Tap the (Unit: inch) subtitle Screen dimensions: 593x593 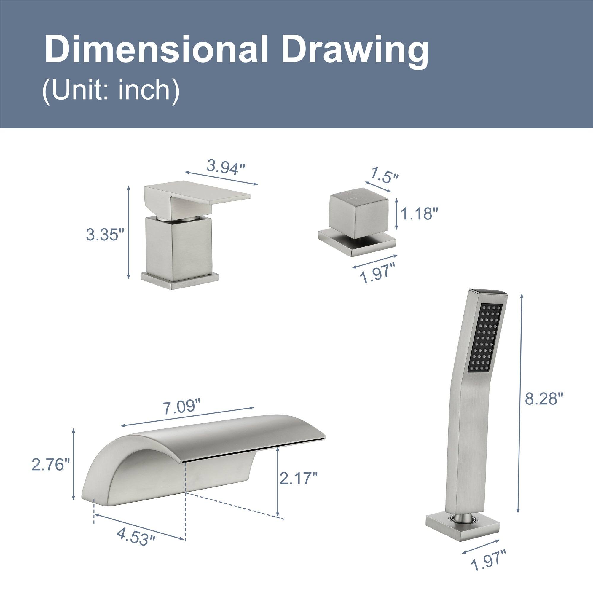[111, 91]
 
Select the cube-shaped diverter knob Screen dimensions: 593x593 [358, 213]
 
